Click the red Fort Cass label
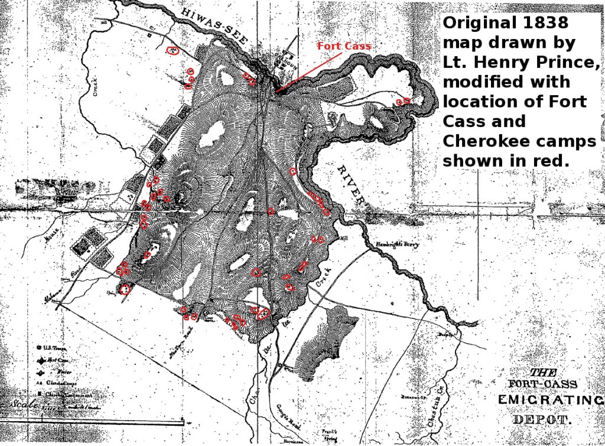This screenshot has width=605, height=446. (x=344, y=46)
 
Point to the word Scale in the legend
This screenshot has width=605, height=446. (x=22, y=405)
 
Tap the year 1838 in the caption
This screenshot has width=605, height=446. (x=546, y=23)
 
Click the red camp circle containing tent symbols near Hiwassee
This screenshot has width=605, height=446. (x=173, y=51)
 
